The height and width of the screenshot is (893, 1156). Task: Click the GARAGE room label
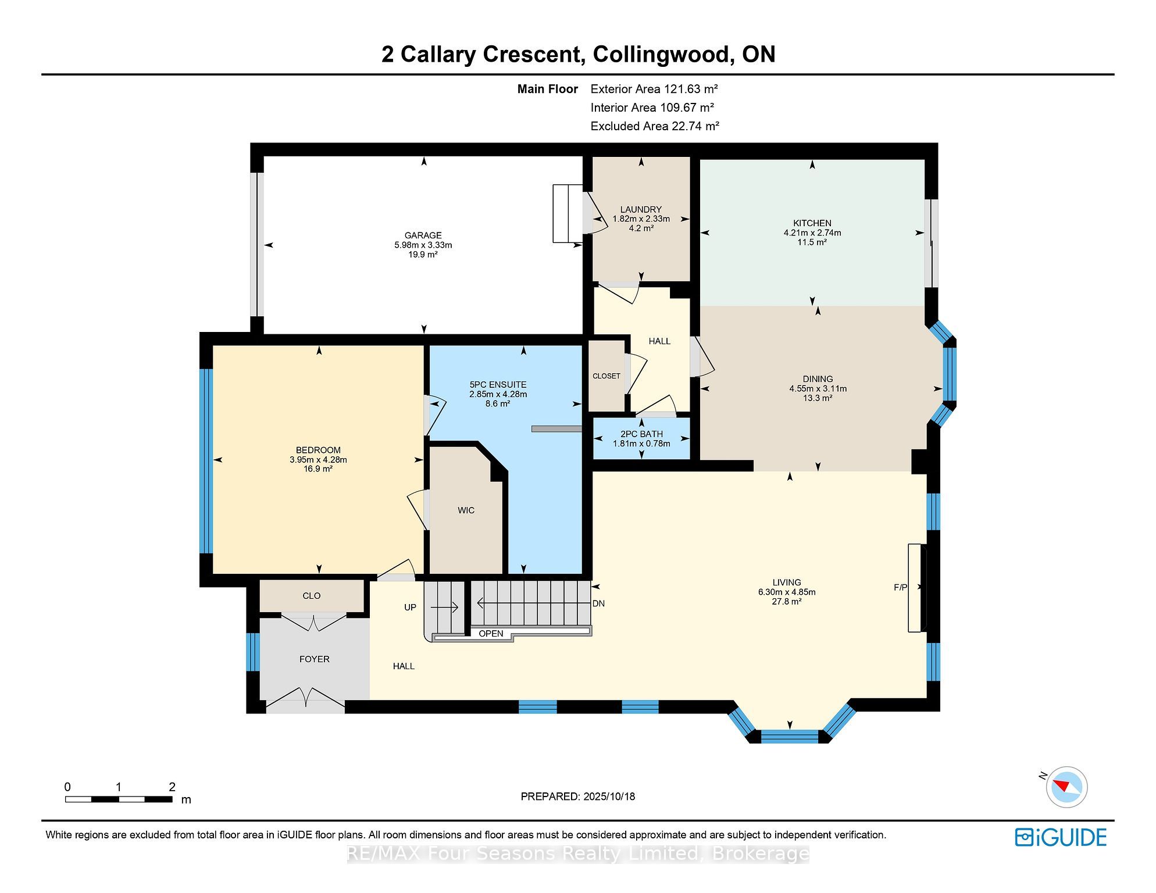pyautogui.click(x=423, y=235)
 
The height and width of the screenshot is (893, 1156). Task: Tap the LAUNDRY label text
pyautogui.click(x=641, y=209)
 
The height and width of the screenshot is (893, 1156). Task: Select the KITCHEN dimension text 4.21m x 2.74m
pyautogui.click(x=812, y=233)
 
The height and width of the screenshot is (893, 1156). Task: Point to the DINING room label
pyautogui.click(x=818, y=379)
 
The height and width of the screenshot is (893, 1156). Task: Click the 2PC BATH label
pyautogui.click(x=641, y=434)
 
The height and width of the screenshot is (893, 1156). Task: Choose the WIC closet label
pyautogui.click(x=466, y=510)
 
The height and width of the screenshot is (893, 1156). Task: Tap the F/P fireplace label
pyautogui.click(x=900, y=587)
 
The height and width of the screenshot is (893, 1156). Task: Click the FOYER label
pyautogui.click(x=315, y=659)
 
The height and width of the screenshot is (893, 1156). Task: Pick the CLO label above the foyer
pyautogui.click(x=312, y=596)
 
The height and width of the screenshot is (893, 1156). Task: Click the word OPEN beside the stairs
pyautogui.click(x=491, y=634)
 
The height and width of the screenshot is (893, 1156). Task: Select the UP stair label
pyautogui.click(x=411, y=608)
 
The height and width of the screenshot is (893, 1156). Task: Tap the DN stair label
pyautogui.click(x=599, y=603)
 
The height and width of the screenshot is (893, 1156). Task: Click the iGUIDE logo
pyautogui.click(x=1061, y=837)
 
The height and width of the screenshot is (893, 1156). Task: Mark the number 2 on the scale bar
pyautogui.click(x=172, y=787)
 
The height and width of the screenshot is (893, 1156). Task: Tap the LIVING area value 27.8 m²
pyautogui.click(x=787, y=602)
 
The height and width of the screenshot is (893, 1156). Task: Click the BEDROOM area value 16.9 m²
pyautogui.click(x=318, y=469)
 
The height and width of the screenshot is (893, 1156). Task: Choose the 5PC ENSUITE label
pyautogui.click(x=498, y=385)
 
